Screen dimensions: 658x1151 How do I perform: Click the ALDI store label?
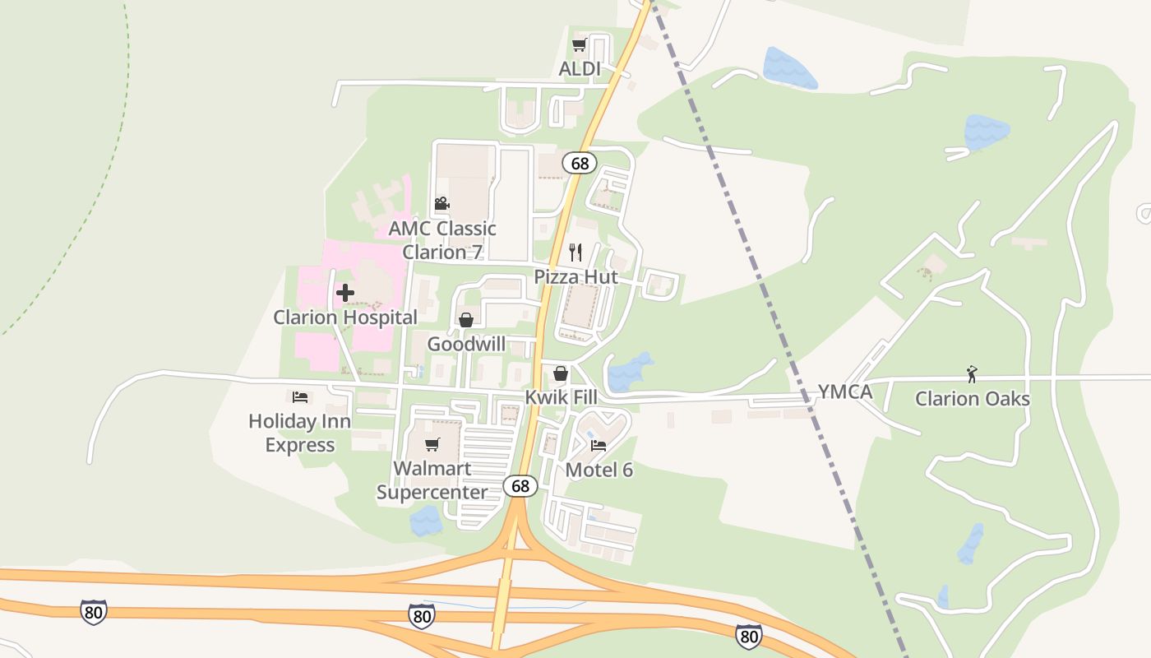tap(580, 69)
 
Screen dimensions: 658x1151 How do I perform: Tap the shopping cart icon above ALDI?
tap(579, 45)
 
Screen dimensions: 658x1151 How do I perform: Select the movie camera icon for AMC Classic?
tap(441, 203)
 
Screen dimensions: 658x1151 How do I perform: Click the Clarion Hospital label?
tap(345, 317)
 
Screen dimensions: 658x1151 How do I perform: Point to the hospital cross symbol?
tap(345, 292)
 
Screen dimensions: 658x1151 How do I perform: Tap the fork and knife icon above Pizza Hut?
tap(575, 252)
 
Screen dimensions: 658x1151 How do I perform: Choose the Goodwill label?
tap(466, 344)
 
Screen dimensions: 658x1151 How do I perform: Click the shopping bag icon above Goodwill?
tap(466, 320)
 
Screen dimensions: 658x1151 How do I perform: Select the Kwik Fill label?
tap(561, 397)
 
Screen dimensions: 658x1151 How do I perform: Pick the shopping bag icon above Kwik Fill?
tap(561, 374)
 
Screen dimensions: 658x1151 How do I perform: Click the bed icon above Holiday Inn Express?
tap(300, 397)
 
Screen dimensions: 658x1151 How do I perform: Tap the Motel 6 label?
tap(599, 470)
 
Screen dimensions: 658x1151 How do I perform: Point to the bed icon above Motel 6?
tap(599, 446)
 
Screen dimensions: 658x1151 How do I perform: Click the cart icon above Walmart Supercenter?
tap(432, 445)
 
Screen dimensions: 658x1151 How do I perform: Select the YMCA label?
tap(844, 392)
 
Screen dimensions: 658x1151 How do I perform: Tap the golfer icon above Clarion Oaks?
tap(972, 374)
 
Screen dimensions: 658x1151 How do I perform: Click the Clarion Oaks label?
tap(972, 399)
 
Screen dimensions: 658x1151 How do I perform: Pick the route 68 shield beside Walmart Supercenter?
tap(520, 486)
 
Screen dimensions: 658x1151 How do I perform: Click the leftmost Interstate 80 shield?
tap(93, 612)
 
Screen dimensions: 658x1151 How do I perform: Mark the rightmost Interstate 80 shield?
tap(748, 635)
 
